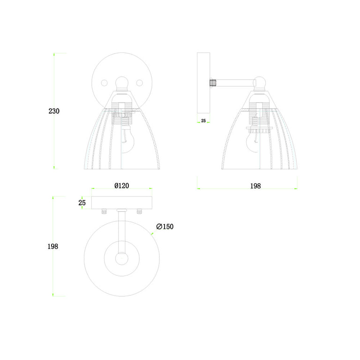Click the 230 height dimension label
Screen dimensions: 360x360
[54, 111]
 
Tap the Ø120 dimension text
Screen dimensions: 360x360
[122, 186]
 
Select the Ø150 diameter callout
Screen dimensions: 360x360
[165, 226]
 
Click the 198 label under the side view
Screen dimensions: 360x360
[255, 186]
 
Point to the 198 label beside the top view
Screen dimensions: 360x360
[53, 247]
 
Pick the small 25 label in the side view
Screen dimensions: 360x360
[203, 121]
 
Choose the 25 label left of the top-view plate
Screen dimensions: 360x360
[82, 202]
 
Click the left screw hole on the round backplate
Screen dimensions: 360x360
[104, 83]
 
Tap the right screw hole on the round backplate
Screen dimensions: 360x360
[140, 83]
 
